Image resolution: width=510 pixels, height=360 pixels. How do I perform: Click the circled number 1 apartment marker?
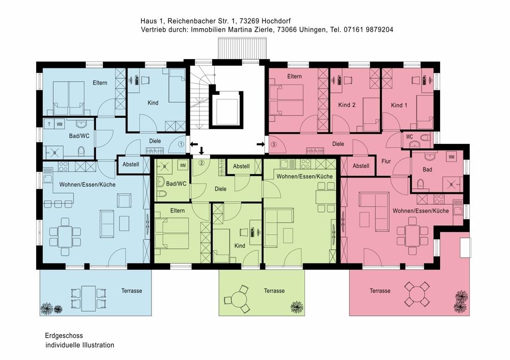(181, 144)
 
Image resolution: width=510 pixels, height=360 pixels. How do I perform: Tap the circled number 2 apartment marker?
(201, 163)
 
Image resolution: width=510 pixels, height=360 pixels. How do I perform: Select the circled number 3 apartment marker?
(273, 144)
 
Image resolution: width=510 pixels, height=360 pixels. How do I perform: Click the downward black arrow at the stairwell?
(201, 150)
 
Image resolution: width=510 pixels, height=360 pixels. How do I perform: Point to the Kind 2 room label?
(347, 105)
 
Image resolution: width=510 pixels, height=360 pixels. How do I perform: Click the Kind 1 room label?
(399, 105)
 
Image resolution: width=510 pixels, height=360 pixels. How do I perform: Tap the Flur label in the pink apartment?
(386, 161)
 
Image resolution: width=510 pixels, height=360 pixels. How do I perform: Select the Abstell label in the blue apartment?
(131, 164)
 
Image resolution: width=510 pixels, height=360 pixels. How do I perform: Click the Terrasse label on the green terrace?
(274, 291)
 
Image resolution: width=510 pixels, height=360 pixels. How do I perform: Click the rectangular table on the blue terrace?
(88, 298)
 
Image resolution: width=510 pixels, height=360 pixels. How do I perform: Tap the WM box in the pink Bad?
(451, 157)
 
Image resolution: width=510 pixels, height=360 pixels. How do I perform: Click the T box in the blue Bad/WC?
(49, 124)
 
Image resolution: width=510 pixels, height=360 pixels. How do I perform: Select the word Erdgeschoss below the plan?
(64, 336)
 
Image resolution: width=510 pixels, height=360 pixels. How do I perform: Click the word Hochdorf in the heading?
(276, 21)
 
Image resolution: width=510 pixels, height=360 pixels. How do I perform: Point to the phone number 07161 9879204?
(368, 30)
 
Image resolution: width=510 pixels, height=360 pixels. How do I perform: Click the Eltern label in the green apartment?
(177, 211)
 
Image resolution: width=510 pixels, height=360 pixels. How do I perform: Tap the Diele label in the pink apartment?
(338, 144)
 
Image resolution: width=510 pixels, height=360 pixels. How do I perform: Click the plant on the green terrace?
(297, 306)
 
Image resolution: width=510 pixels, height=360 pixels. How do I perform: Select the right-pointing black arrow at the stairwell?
(261, 144)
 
